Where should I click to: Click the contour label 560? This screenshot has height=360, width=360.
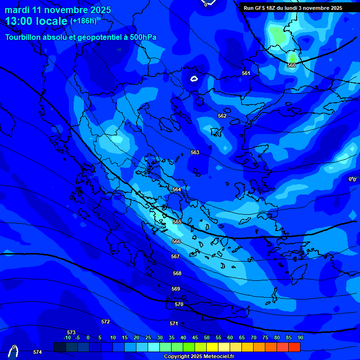pos(292,65)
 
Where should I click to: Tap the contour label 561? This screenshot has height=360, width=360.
pos(246,73)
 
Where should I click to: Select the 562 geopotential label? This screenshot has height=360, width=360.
pos(222,116)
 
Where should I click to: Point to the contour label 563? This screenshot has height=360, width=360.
pos(195,152)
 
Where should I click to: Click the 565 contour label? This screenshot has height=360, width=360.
pos(177,222)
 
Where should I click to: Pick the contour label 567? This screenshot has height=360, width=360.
pos(175,256)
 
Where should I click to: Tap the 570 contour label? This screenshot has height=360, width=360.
pos(179,304)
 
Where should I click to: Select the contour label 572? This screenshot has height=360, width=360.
pos(105,322)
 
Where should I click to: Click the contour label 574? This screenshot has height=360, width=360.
pos(37,352)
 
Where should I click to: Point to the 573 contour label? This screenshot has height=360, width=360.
pos(71,332)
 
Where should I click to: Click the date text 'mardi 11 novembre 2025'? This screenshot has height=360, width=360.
pos(58,10)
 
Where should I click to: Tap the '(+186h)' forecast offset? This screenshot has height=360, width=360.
pos(83,21)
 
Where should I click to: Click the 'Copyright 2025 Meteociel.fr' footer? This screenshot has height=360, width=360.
pos(200,356)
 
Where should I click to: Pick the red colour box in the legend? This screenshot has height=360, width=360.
pos(294,347)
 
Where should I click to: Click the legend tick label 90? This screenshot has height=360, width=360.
pos(300,337)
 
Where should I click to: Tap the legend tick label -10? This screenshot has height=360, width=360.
pos(67,337)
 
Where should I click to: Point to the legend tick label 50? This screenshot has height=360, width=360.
pos(207,337)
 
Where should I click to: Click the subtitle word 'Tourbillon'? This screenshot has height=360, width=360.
pos(23,37)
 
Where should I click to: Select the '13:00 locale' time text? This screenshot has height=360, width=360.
pos(36,21)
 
